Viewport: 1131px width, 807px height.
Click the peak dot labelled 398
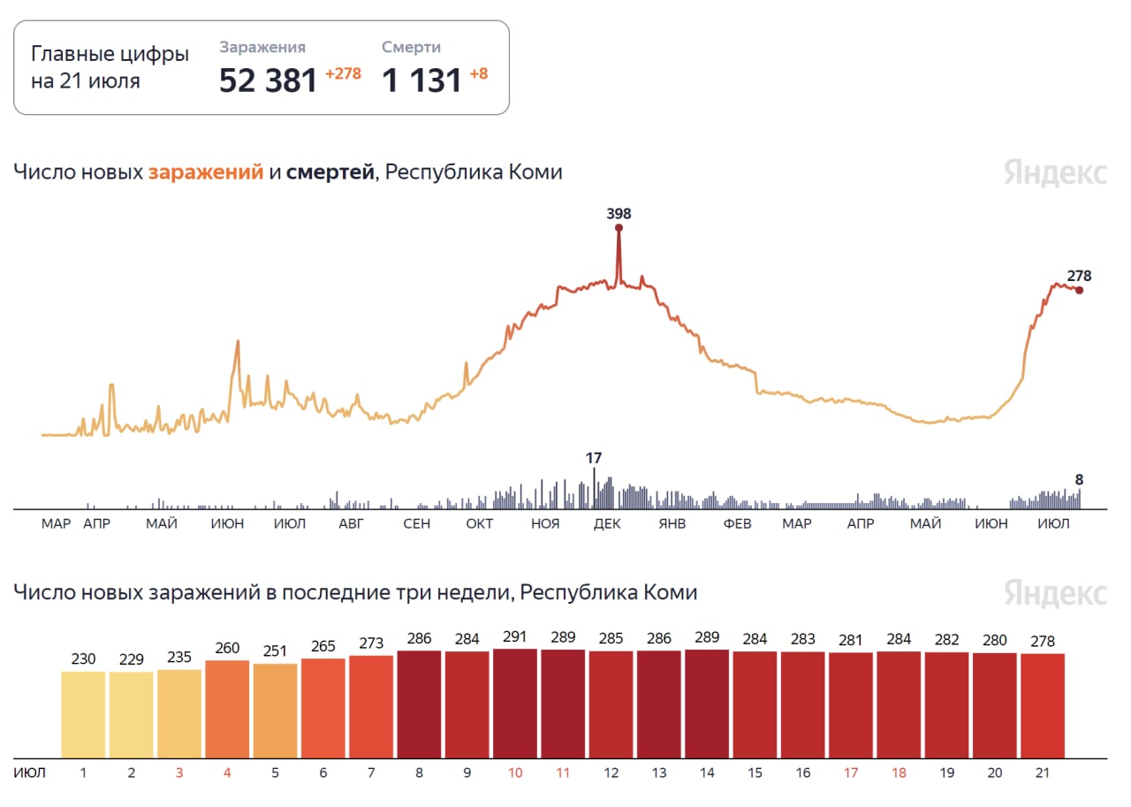coord(619,228)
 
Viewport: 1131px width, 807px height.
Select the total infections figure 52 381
coord(268,80)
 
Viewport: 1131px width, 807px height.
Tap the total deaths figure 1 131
coord(421,80)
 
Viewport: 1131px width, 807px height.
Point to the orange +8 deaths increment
coord(478,74)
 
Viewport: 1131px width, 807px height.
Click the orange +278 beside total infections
coord(343,74)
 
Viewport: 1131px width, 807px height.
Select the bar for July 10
coord(515,704)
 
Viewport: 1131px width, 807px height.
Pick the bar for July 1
coord(83,714)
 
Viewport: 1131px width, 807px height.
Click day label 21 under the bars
coord(1043,773)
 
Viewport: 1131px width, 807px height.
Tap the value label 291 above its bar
coord(515,636)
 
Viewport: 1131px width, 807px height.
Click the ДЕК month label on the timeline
coord(607,524)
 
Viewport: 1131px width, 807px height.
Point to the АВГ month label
coord(351,524)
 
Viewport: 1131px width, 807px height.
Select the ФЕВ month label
coord(737,524)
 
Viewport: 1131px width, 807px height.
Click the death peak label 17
coord(594,458)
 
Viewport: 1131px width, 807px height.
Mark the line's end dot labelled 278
coord(1079,290)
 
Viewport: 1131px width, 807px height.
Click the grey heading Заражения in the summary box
coord(262,48)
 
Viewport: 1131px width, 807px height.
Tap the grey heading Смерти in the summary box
coord(411,48)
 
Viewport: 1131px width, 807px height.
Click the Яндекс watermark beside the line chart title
coord(1055,173)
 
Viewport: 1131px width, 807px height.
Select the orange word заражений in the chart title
coord(206,172)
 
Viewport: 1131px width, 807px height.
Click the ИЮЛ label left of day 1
coord(29,773)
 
